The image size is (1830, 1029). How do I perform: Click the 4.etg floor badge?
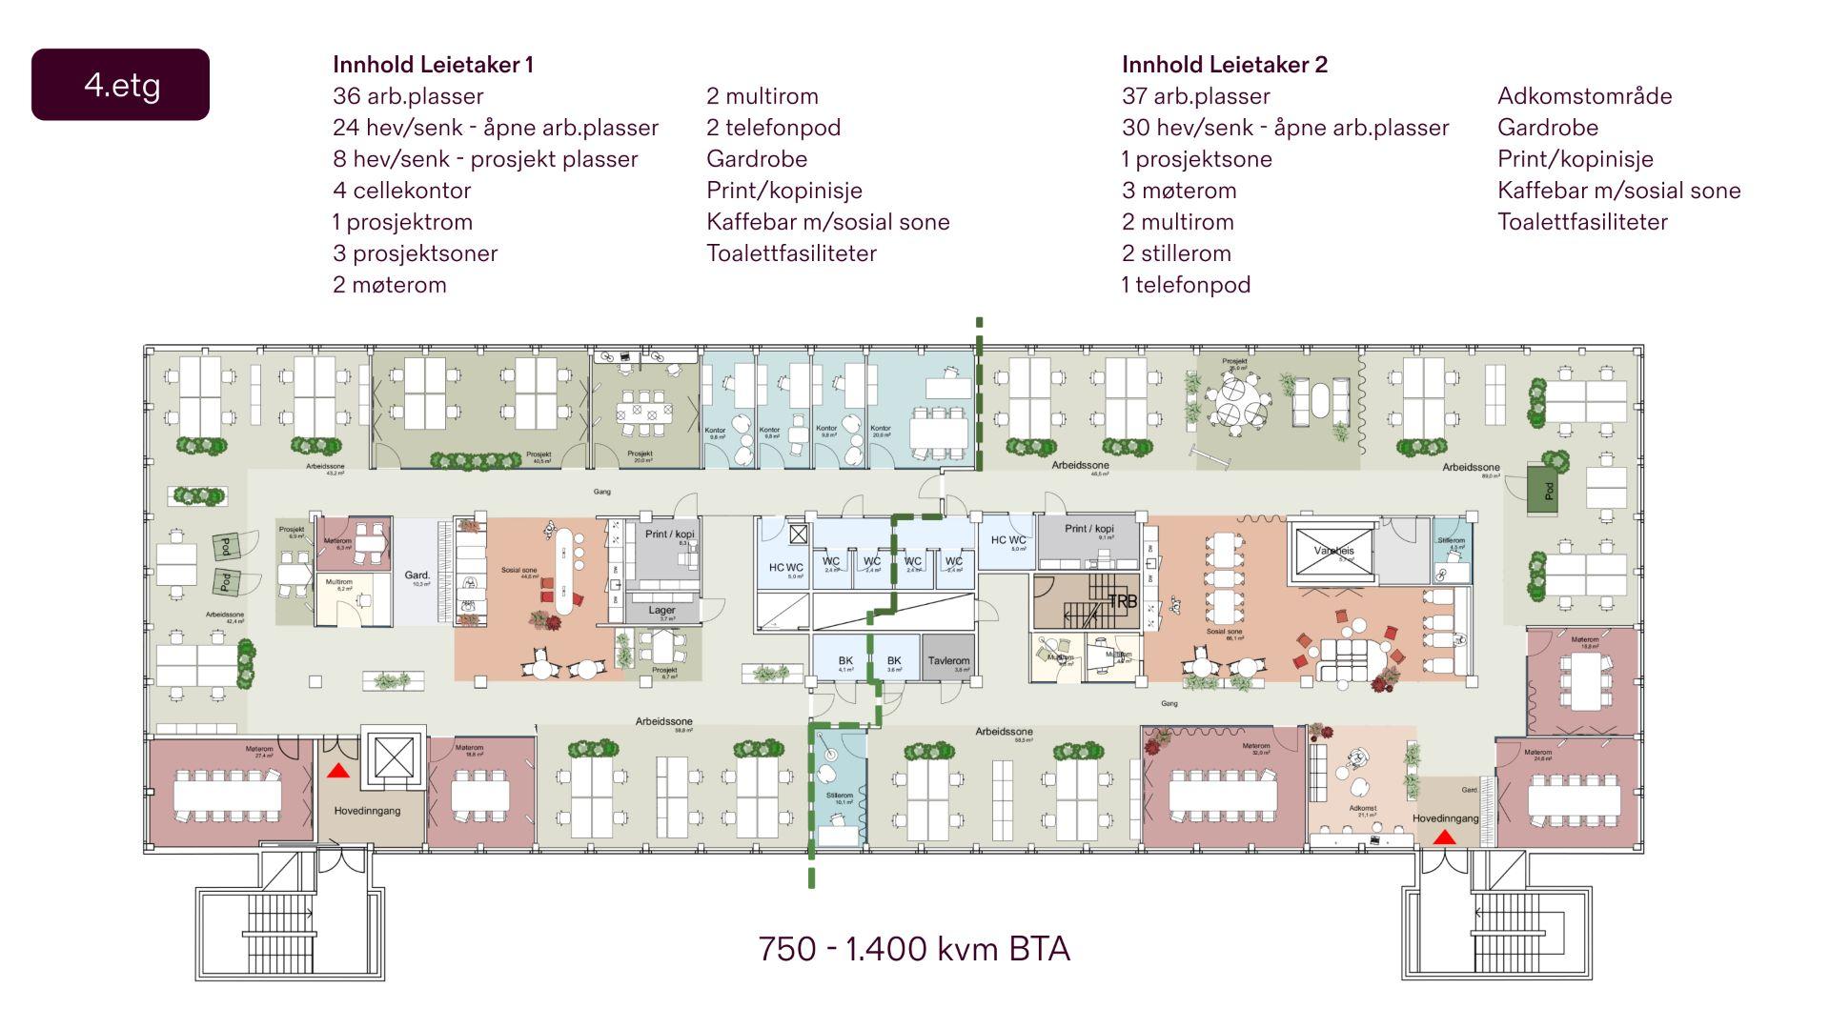tap(121, 85)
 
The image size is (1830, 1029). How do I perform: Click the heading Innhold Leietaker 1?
tap(433, 65)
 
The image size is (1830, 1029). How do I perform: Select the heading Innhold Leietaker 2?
tap(1224, 65)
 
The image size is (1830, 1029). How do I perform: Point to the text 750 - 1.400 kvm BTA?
tap(914, 949)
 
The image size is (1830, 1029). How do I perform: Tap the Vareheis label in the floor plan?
tap(1332, 551)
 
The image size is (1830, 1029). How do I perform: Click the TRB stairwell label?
tap(1122, 602)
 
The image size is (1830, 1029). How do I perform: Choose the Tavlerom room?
tap(948, 660)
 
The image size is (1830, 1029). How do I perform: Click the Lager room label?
tap(661, 611)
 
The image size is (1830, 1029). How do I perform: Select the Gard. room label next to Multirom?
tap(417, 575)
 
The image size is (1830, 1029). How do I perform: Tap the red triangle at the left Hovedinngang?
tap(337, 771)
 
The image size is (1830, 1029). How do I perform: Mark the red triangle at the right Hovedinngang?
tap(1444, 837)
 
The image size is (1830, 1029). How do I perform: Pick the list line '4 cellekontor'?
tap(401, 191)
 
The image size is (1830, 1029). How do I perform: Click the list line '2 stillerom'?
tap(1176, 253)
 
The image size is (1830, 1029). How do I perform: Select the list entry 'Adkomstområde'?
tap(1584, 96)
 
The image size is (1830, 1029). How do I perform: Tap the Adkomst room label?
tap(1362, 808)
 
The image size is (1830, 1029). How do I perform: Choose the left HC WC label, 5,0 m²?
tap(786, 568)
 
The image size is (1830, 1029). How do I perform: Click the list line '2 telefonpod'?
tap(773, 128)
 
